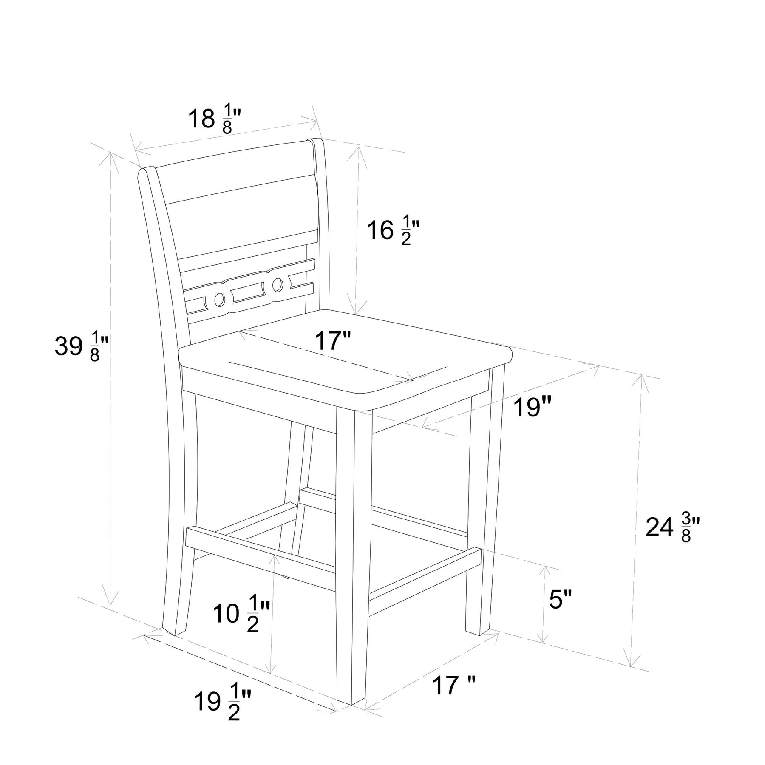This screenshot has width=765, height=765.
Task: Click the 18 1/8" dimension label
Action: click(215, 120)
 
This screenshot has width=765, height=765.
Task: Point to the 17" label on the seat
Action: click(333, 340)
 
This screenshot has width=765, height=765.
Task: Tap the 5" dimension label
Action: click(561, 600)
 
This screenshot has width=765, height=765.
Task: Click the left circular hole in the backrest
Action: click(219, 300)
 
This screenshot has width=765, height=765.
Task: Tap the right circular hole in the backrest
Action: click(278, 285)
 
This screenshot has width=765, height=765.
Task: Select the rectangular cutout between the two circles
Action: click(248, 292)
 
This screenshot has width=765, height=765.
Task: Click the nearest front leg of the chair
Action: click(351, 552)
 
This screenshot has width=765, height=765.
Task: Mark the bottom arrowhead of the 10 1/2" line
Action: click(270, 671)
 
